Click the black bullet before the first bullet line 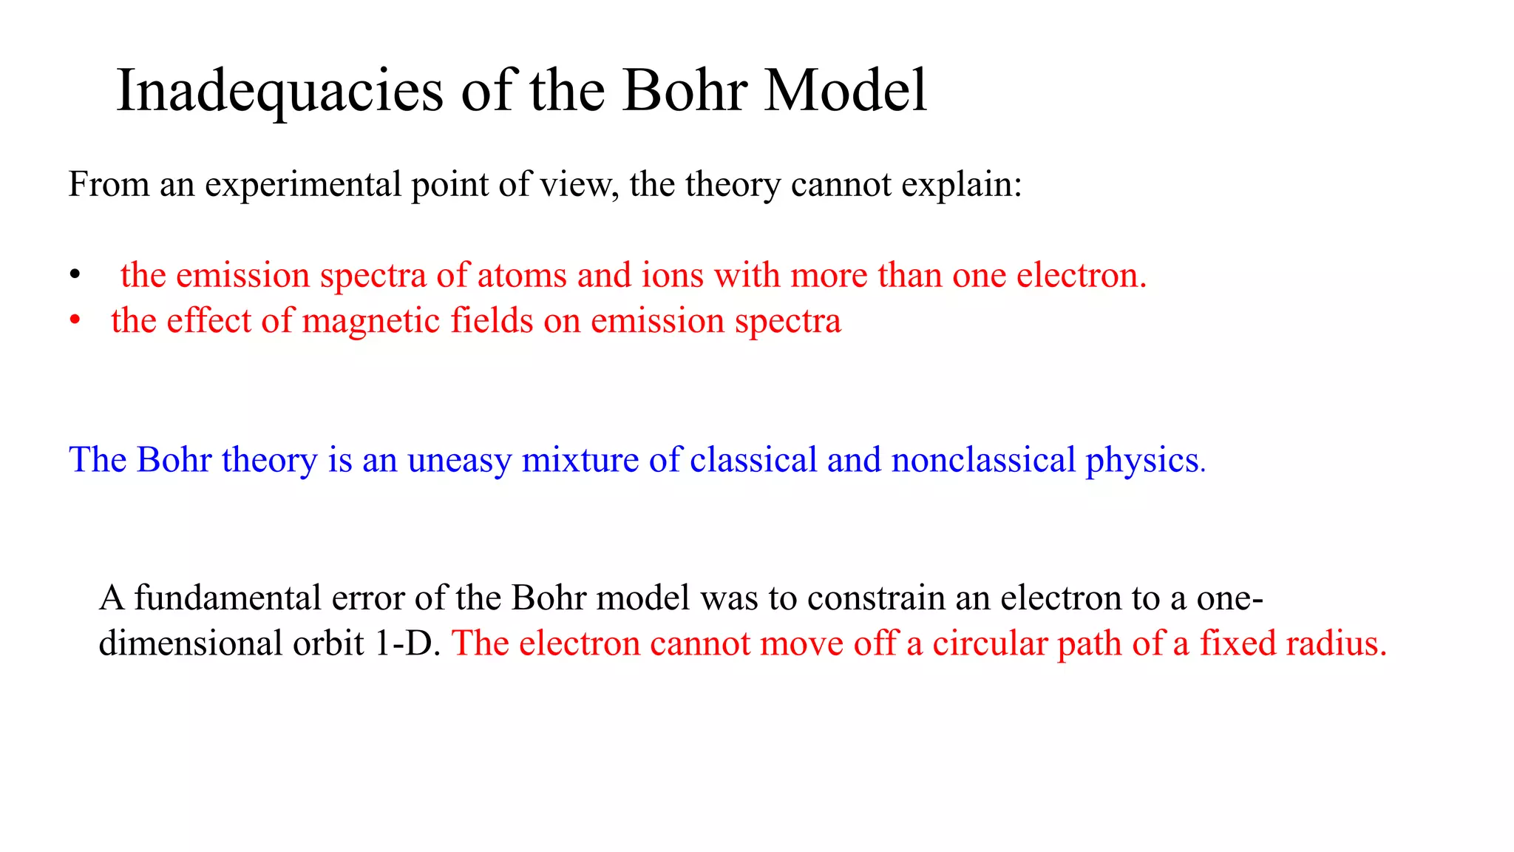click(x=74, y=276)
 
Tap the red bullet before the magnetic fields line click(x=74, y=321)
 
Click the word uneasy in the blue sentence click(x=459, y=461)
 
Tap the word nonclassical click(x=983, y=460)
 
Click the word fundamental click(x=228, y=598)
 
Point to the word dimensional click(x=190, y=643)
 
